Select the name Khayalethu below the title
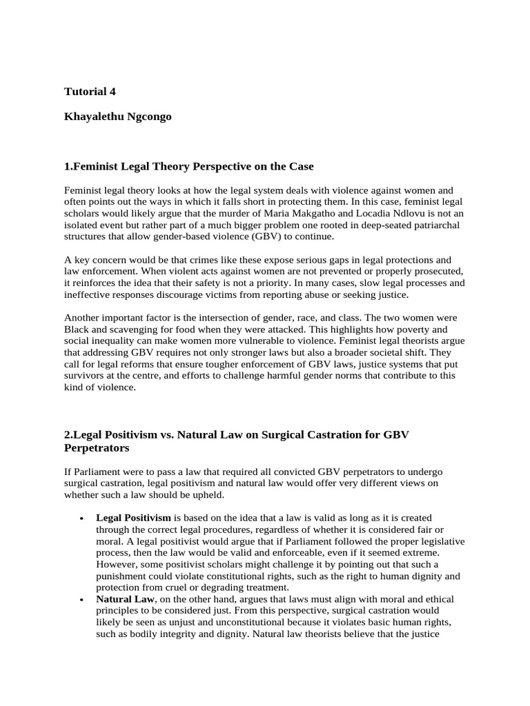pos(95,117)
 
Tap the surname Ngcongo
pos(150,117)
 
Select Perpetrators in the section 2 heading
pos(97,447)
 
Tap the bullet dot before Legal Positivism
pos(82,518)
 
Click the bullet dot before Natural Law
pos(82,600)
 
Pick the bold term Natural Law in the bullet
pos(122,599)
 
